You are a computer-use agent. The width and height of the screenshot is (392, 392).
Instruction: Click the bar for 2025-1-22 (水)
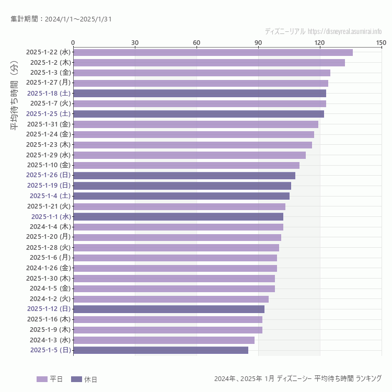[213, 52]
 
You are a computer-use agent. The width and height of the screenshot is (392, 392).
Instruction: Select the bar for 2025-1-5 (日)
[160, 350]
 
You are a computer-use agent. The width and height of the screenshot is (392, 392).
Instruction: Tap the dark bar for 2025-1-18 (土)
[199, 93]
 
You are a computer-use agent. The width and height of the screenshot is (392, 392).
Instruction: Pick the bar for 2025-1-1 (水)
[178, 216]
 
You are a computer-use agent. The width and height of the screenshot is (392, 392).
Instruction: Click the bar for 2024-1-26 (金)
[175, 268]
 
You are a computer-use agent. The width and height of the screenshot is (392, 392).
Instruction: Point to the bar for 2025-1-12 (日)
[168, 309]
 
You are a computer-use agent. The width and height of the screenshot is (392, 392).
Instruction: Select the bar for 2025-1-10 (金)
[186, 165]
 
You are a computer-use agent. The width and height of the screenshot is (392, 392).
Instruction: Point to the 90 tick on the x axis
[258, 42]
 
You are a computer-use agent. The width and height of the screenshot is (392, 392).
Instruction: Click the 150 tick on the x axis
[381, 42]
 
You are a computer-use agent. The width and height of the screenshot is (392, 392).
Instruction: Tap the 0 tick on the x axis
[73, 42]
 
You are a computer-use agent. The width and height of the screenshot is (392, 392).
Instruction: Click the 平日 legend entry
[50, 379]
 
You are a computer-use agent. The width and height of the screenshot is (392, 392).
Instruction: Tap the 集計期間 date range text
[61, 19]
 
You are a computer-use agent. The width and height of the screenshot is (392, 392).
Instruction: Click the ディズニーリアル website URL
[323, 31]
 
